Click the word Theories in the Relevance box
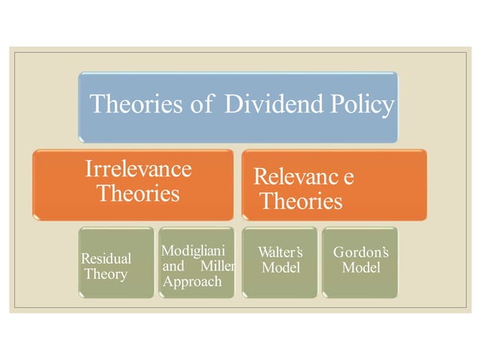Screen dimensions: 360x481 300,201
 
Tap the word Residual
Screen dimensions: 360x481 106,258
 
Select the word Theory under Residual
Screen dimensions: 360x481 105,273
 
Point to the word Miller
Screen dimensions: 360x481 219,266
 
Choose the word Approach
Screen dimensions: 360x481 191,282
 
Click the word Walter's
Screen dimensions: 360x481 280,251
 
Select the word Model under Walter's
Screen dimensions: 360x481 280,267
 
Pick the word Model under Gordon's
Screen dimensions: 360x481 360,267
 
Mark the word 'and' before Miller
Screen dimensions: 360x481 173,266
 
